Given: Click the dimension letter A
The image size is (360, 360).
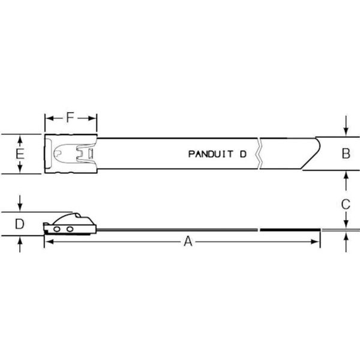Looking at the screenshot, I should point(188,241).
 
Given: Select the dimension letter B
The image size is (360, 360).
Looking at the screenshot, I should point(346,154).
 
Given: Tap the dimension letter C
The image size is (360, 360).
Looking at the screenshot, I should point(346,204).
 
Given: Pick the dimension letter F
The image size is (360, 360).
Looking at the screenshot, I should point(70,118).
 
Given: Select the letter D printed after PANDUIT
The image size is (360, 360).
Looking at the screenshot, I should point(243,154).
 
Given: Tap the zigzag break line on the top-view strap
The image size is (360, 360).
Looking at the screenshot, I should point(259,154).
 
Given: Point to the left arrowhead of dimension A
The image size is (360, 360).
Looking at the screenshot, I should point(48,241).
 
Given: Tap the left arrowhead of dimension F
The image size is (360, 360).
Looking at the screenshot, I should point(49,118).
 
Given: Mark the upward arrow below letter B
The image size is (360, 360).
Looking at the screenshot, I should point(346,176).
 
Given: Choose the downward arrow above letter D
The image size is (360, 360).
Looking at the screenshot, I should point(20,208).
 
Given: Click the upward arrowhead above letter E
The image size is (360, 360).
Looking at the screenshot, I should point(20,140).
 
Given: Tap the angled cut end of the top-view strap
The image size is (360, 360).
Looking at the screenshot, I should point(312,154).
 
